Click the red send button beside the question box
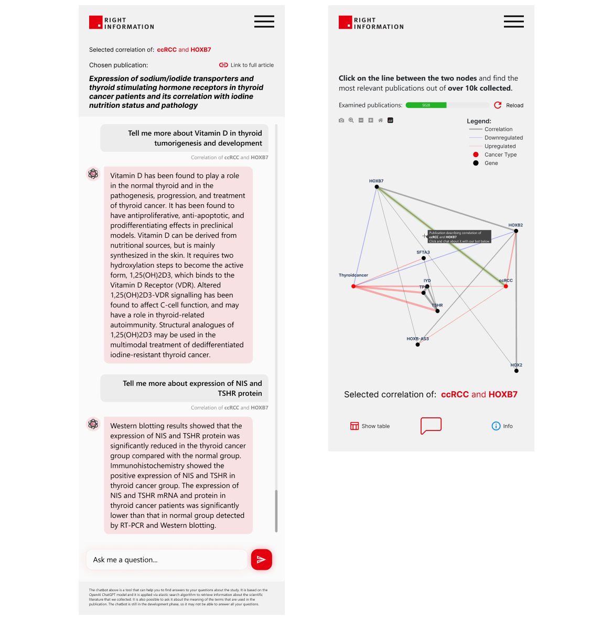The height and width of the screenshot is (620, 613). [x=261, y=559]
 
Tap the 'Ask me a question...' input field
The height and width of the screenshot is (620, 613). [x=167, y=560]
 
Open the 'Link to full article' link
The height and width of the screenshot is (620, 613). [x=246, y=65]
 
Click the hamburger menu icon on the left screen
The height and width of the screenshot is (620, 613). [x=264, y=21]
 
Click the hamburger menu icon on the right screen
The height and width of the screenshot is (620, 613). [x=514, y=21]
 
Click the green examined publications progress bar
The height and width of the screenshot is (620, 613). [x=426, y=105]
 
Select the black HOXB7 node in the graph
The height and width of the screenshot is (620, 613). [x=377, y=187]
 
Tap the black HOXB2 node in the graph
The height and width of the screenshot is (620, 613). [x=516, y=231]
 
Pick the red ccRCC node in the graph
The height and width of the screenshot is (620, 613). [x=506, y=286]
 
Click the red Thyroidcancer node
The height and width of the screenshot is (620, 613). [x=353, y=286]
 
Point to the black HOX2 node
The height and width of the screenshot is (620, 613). [x=517, y=371]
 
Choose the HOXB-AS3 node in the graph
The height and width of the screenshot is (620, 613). [x=417, y=345]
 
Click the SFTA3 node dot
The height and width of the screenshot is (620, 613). [x=424, y=258]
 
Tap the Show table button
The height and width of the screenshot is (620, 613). [x=370, y=426]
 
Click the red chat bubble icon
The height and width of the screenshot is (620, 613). [x=431, y=425]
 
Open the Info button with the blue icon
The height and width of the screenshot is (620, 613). [x=502, y=426]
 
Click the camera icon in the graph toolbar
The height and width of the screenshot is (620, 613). [x=341, y=120]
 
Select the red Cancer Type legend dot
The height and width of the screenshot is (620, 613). [x=476, y=154]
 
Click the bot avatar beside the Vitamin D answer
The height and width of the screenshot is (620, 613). [x=93, y=174]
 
